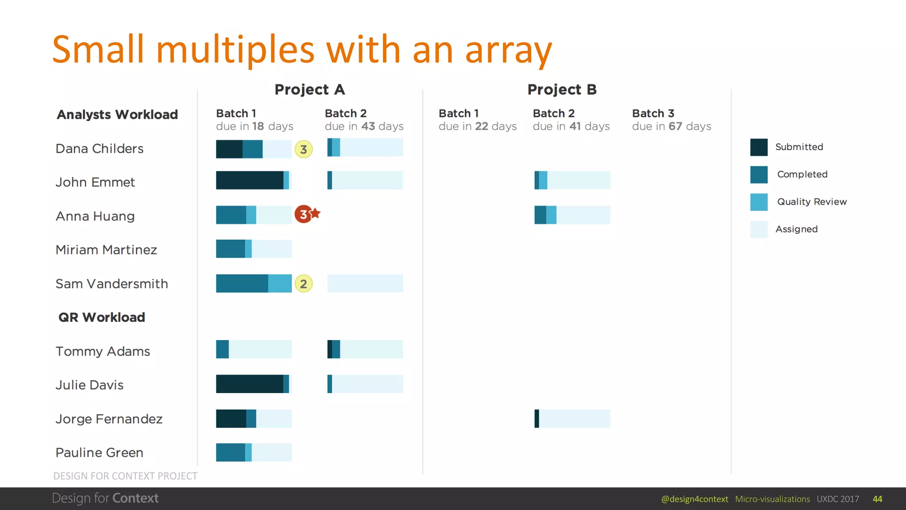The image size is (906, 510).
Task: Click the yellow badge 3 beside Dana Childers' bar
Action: point(303,150)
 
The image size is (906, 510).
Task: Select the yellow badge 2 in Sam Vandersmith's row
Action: point(303,284)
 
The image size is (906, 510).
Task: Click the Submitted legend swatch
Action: point(759,147)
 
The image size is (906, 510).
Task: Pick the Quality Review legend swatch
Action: point(759,202)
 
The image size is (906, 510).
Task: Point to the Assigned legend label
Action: point(796,229)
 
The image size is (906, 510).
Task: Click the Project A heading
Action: point(310,89)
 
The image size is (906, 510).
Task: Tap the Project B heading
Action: point(562,89)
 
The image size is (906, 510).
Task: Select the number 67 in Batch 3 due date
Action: point(675,127)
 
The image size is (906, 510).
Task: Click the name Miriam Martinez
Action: point(106,250)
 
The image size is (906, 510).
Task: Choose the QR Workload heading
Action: point(102,317)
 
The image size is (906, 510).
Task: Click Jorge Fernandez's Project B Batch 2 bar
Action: point(572,419)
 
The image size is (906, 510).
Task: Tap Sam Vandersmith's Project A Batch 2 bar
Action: point(365,284)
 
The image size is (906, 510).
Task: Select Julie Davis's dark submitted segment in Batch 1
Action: point(250,384)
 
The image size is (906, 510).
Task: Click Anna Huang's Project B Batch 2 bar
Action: point(572,215)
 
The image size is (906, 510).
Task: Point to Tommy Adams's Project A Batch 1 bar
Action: point(254,350)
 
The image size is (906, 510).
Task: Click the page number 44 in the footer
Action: point(877,499)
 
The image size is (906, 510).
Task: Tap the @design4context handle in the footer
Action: point(694,499)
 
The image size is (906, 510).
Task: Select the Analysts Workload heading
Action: point(117,115)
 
